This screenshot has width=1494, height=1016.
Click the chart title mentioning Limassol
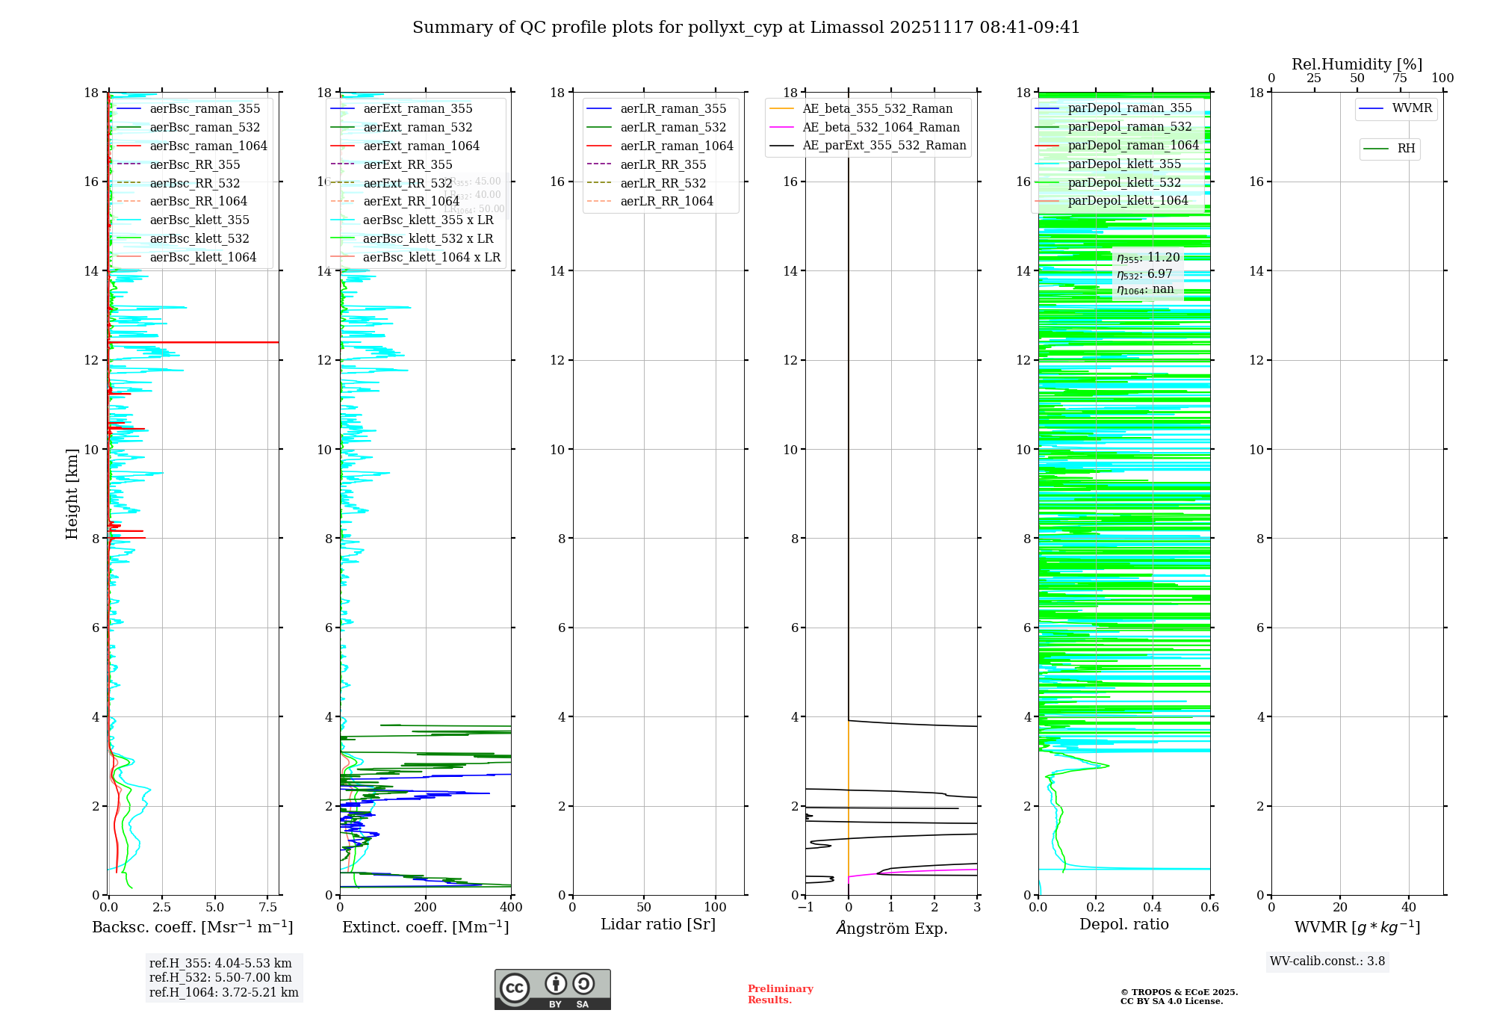click(x=746, y=28)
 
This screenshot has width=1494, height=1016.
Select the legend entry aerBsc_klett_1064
click(x=202, y=257)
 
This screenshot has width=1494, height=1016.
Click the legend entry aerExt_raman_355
click(x=418, y=109)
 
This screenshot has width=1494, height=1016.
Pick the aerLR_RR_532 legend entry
click(x=663, y=183)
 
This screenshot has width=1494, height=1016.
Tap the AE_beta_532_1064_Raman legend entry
click(x=881, y=127)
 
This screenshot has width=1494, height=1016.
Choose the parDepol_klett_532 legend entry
click(x=1124, y=182)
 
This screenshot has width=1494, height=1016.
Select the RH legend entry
click(x=1406, y=149)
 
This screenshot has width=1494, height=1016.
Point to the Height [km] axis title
click(x=72, y=493)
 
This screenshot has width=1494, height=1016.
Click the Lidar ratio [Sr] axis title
click(x=658, y=924)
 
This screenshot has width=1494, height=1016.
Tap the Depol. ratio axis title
click(x=1123, y=924)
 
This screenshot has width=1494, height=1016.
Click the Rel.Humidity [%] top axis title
click(x=1357, y=64)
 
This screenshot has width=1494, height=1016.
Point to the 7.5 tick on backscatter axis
click(x=268, y=908)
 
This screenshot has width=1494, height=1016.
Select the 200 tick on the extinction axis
click(x=426, y=908)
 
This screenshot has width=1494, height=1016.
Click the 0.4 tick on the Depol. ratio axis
click(x=1153, y=908)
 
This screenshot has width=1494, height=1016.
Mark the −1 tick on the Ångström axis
click(x=805, y=908)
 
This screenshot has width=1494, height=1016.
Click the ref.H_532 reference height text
click(x=220, y=977)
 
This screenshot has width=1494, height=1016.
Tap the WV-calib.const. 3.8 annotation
click(x=1327, y=961)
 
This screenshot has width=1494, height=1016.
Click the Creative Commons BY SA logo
click(x=552, y=989)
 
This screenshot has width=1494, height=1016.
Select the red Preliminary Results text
click(x=780, y=994)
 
